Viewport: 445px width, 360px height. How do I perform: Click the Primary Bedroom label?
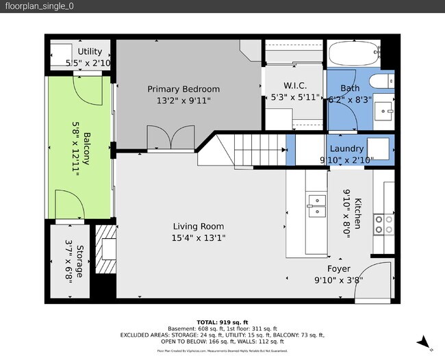pyautogui.click(x=184, y=89)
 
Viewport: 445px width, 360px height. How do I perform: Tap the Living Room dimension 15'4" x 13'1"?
pyautogui.click(x=199, y=237)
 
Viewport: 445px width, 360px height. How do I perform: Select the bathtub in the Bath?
pyautogui.click(x=353, y=53)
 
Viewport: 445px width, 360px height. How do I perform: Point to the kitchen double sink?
pyautogui.click(x=316, y=205)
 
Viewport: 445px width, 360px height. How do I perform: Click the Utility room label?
pyautogui.click(x=90, y=51)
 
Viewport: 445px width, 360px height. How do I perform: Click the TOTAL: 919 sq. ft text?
pyautogui.click(x=222, y=321)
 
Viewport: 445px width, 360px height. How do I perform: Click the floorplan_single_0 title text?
pyautogui.click(x=40, y=6)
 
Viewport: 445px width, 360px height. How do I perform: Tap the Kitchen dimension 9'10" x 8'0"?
pyautogui.click(x=346, y=212)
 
